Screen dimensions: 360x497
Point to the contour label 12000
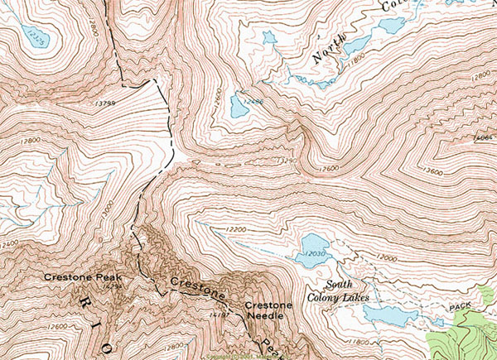[387, 258]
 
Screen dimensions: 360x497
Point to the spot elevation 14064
[483, 137]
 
